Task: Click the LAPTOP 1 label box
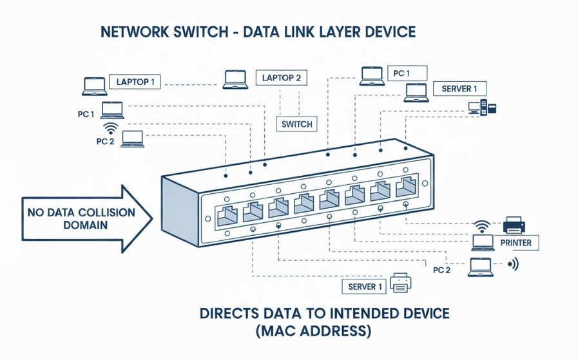coord(135,82)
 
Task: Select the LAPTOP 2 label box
coord(281,78)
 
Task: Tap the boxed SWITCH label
coord(297,124)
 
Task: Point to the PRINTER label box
coord(515,243)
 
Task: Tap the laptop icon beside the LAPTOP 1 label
coord(94,86)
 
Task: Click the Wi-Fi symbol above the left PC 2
coord(111,128)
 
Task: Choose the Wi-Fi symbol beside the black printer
coord(482,226)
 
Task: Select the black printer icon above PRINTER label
coord(514,225)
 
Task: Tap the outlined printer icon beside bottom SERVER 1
coord(401,283)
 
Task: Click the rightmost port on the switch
coord(406,187)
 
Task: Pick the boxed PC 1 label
coord(407,73)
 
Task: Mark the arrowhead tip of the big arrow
coord(152,218)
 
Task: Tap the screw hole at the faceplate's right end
coord(425,183)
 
